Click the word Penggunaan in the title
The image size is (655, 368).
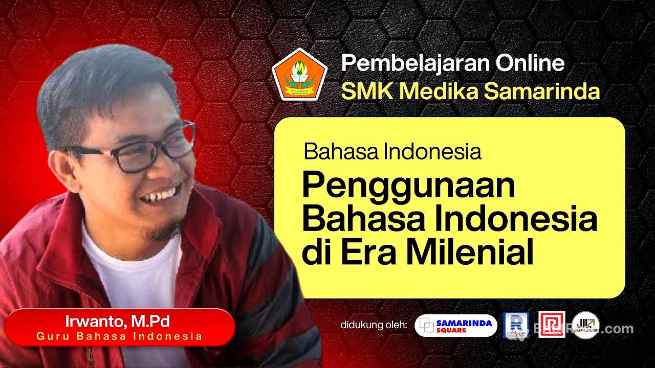pos(408,187)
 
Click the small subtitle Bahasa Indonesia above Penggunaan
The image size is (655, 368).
pos(392,151)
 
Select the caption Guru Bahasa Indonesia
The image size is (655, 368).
pos(119,336)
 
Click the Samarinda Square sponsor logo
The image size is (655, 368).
pos(455,326)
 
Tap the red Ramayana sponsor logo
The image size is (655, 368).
pos(552,325)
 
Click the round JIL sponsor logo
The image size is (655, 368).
pos(585,325)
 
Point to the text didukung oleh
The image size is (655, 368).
pos(374,326)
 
